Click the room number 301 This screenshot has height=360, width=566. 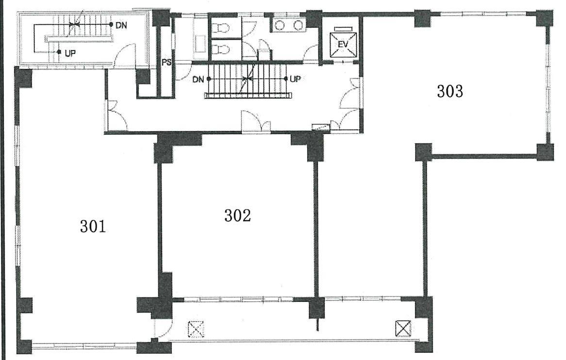93,227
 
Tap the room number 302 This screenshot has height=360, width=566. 237,216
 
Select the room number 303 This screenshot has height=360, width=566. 450,92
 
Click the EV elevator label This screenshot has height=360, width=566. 343,44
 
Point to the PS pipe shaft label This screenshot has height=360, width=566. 166,63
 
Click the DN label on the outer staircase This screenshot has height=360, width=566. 121,25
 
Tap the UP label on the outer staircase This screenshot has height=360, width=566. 70,53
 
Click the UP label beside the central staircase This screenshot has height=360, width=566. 295,79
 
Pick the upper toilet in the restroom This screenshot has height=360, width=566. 220,27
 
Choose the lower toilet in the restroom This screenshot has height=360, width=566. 220,49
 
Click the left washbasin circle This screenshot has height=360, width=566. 280,25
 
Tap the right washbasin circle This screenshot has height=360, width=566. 298,25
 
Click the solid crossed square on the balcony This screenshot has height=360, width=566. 403,328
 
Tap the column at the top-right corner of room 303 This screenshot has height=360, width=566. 544,18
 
